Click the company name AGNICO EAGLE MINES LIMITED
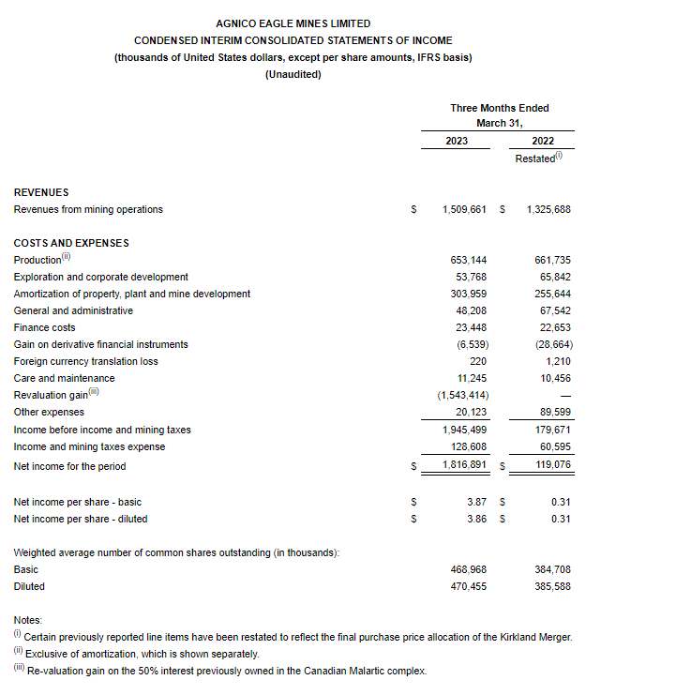point(293,23)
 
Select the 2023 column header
point(457,142)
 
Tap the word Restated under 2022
point(535,159)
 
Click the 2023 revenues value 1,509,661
point(463,210)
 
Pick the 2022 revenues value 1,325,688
point(548,210)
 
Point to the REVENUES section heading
point(41,192)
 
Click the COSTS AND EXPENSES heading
point(71,244)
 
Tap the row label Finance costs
point(44,328)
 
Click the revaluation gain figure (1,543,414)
point(463,396)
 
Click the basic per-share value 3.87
point(477,503)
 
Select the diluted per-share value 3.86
point(477,520)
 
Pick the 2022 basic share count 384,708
point(552,570)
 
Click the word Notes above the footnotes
point(28,621)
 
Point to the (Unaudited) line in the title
point(293,75)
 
